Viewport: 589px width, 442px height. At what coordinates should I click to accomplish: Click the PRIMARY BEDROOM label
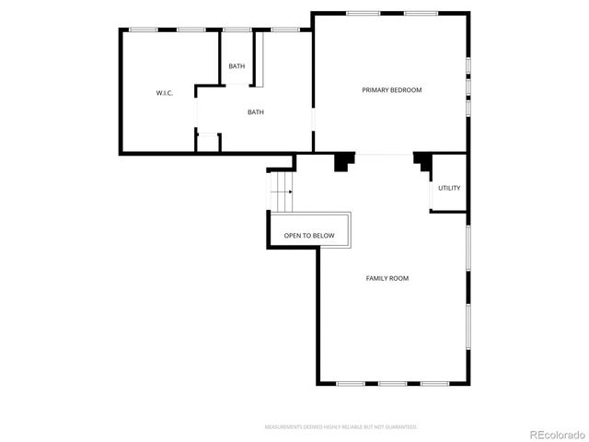[x=391, y=89]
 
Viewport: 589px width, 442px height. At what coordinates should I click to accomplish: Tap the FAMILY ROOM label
[x=387, y=278]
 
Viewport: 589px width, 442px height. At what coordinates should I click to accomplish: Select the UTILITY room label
[x=449, y=188]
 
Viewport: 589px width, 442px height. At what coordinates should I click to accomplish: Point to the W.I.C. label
[x=165, y=93]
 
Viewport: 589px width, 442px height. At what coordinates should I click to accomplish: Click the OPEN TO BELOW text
[x=309, y=236]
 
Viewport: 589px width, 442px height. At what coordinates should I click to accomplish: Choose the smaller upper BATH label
[x=237, y=65]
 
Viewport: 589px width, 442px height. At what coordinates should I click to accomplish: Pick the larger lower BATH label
[x=255, y=112]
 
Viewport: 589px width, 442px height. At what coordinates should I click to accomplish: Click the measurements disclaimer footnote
[x=341, y=427]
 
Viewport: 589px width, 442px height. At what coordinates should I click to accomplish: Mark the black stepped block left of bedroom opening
[x=344, y=161]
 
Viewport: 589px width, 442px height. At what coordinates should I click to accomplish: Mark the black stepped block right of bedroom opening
[x=423, y=161]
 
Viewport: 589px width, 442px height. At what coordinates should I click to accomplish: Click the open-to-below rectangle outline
[x=309, y=215]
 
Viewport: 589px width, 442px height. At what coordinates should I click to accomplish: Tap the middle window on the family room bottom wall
[x=392, y=383]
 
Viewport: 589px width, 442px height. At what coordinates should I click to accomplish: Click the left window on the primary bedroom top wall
[x=363, y=13]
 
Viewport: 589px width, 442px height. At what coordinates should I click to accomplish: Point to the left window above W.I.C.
[x=142, y=29]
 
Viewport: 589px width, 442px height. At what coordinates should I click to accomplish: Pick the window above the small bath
[x=237, y=29]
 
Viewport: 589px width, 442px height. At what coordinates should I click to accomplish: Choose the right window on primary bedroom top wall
[x=420, y=13]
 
